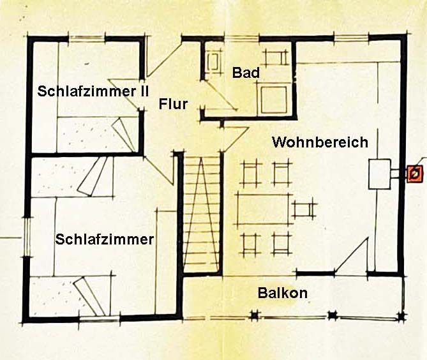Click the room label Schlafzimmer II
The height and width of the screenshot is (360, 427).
(x=93, y=91)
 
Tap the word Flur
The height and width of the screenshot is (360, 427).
(x=173, y=104)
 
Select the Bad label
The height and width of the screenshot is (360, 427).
(x=246, y=73)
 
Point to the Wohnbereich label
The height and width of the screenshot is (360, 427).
(x=320, y=142)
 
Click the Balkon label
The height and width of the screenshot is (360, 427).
(x=283, y=294)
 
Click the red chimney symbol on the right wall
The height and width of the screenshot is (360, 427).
(x=415, y=173)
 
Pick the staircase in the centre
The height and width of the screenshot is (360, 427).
(x=202, y=214)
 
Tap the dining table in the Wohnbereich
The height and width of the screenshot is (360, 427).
(x=262, y=209)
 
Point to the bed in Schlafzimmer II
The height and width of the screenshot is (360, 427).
(x=96, y=134)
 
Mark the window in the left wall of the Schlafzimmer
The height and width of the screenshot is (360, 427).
(x=27, y=236)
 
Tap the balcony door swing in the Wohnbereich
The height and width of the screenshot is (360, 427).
(x=351, y=259)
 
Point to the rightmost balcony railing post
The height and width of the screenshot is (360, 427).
(x=400, y=316)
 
